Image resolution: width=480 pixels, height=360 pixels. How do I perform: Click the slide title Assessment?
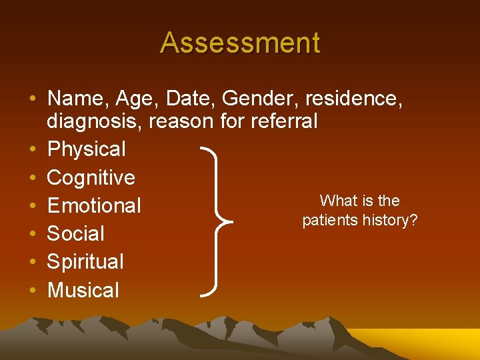pyautogui.click(x=240, y=43)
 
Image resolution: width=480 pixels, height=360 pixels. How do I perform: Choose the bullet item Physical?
pyautogui.click(x=86, y=149)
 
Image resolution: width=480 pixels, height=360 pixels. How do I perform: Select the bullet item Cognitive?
pyautogui.click(x=91, y=177)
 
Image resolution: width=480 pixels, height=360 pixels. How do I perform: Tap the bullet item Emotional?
pyautogui.click(x=94, y=205)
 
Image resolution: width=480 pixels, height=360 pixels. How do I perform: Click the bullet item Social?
pyautogui.click(x=75, y=234)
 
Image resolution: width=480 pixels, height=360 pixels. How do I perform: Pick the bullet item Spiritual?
pyautogui.click(x=85, y=262)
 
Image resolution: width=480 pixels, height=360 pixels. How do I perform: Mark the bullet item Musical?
pyautogui.click(x=83, y=290)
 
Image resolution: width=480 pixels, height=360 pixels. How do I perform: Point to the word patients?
pyautogui.click(x=331, y=220)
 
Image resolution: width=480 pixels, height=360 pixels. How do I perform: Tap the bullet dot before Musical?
pyautogui.click(x=33, y=291)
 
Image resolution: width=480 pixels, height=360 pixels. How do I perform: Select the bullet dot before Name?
pyautogui.click(x=33, y=99)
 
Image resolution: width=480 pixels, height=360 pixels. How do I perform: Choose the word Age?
pyautogui.click(x=135, y=99)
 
